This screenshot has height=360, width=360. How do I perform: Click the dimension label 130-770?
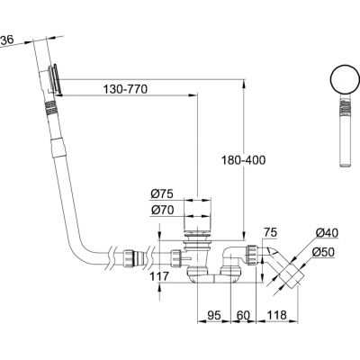click(125, 89)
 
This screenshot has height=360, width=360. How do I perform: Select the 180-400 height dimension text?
click(244, 160)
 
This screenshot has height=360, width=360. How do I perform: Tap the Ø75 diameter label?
click(162, 194)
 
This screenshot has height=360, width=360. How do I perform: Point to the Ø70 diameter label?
click(162, 211)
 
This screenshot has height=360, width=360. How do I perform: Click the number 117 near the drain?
click(159, 276)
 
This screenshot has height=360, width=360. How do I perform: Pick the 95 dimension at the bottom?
click(214, 315)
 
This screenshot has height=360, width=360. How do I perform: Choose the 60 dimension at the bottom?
click(243, 315)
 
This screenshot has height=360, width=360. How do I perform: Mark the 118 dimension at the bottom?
click(277, 315)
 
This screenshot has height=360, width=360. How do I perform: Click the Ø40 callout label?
click(327, 232)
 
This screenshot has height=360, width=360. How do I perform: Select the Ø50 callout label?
click(323, 252)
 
